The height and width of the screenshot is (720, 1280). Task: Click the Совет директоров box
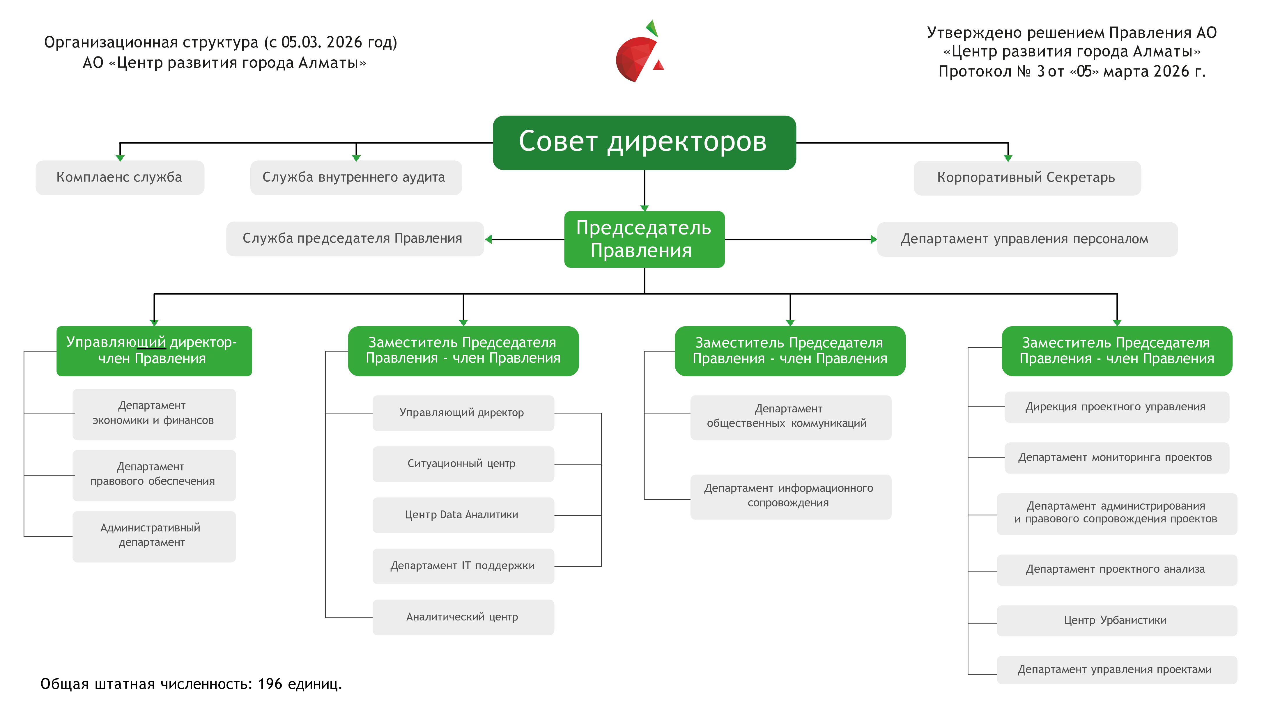click(644, 143)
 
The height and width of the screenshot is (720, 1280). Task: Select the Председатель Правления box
click(644, 239)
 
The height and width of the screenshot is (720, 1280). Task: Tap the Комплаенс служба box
click(120, 178)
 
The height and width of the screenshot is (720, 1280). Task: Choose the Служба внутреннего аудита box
click(356, 178)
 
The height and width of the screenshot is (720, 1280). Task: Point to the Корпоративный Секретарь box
click(1026, 178)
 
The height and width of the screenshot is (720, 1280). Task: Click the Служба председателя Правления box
click(355, 239)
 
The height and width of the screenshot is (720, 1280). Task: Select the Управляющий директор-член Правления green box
click(154, 351)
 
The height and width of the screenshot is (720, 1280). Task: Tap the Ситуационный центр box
click(463, 464)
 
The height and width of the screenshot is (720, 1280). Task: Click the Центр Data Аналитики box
click(463, 515)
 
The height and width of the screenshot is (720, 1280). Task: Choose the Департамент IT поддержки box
click(463, 566)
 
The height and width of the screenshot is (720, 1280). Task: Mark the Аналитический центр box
click(463, 617)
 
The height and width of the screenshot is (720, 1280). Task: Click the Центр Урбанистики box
click(1116, 621)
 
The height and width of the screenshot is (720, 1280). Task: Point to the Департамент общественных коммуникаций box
click(790, 417)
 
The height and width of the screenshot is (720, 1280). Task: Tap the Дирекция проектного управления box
click(1116, 407)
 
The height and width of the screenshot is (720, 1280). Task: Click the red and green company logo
click(640, 52)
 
